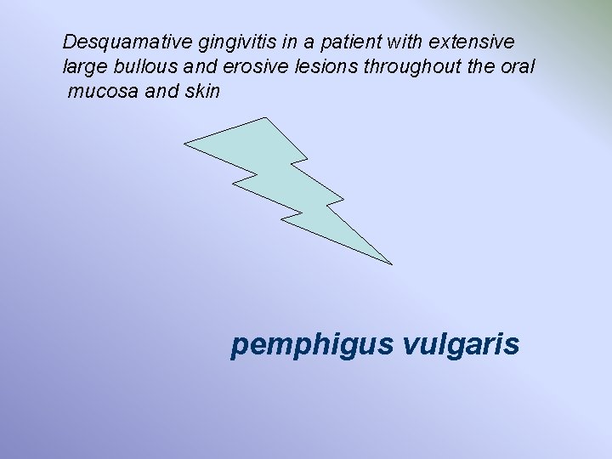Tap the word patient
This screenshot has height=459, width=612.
coord(322,42)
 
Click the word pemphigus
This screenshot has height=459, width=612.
coord(311,345)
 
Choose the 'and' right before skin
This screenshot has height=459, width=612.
coord(161,91)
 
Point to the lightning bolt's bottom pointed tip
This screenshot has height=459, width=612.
coord(390,263)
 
